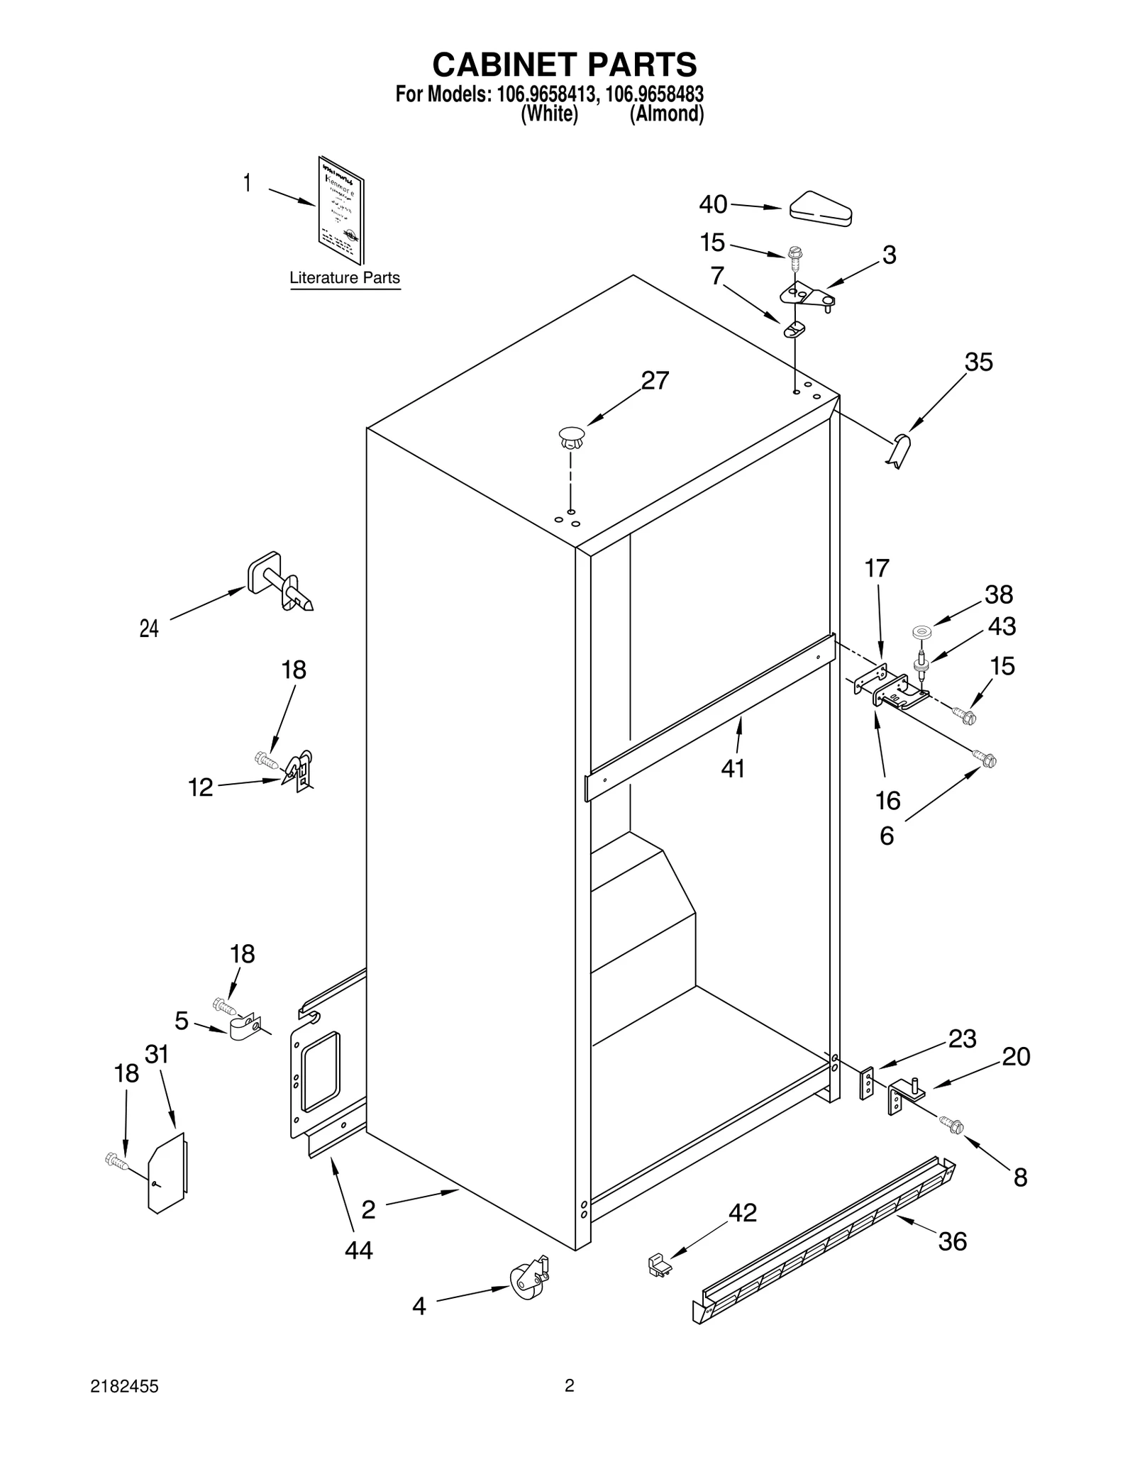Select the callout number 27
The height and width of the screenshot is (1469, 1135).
tap(655, 381)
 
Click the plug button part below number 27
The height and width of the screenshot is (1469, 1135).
tap(572, 436)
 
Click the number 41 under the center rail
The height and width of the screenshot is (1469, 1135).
tap(733, 768)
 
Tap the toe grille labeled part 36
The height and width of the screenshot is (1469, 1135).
tap(823, 1239)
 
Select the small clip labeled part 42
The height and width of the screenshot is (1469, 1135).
tap(659, 1265)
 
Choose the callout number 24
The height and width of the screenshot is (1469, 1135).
tap(149, 628)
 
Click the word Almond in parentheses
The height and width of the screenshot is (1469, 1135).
tap(667, 114)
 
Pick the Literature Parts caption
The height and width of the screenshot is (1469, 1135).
tap(345, 278)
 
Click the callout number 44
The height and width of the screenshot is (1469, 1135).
tap(358, 1251)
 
